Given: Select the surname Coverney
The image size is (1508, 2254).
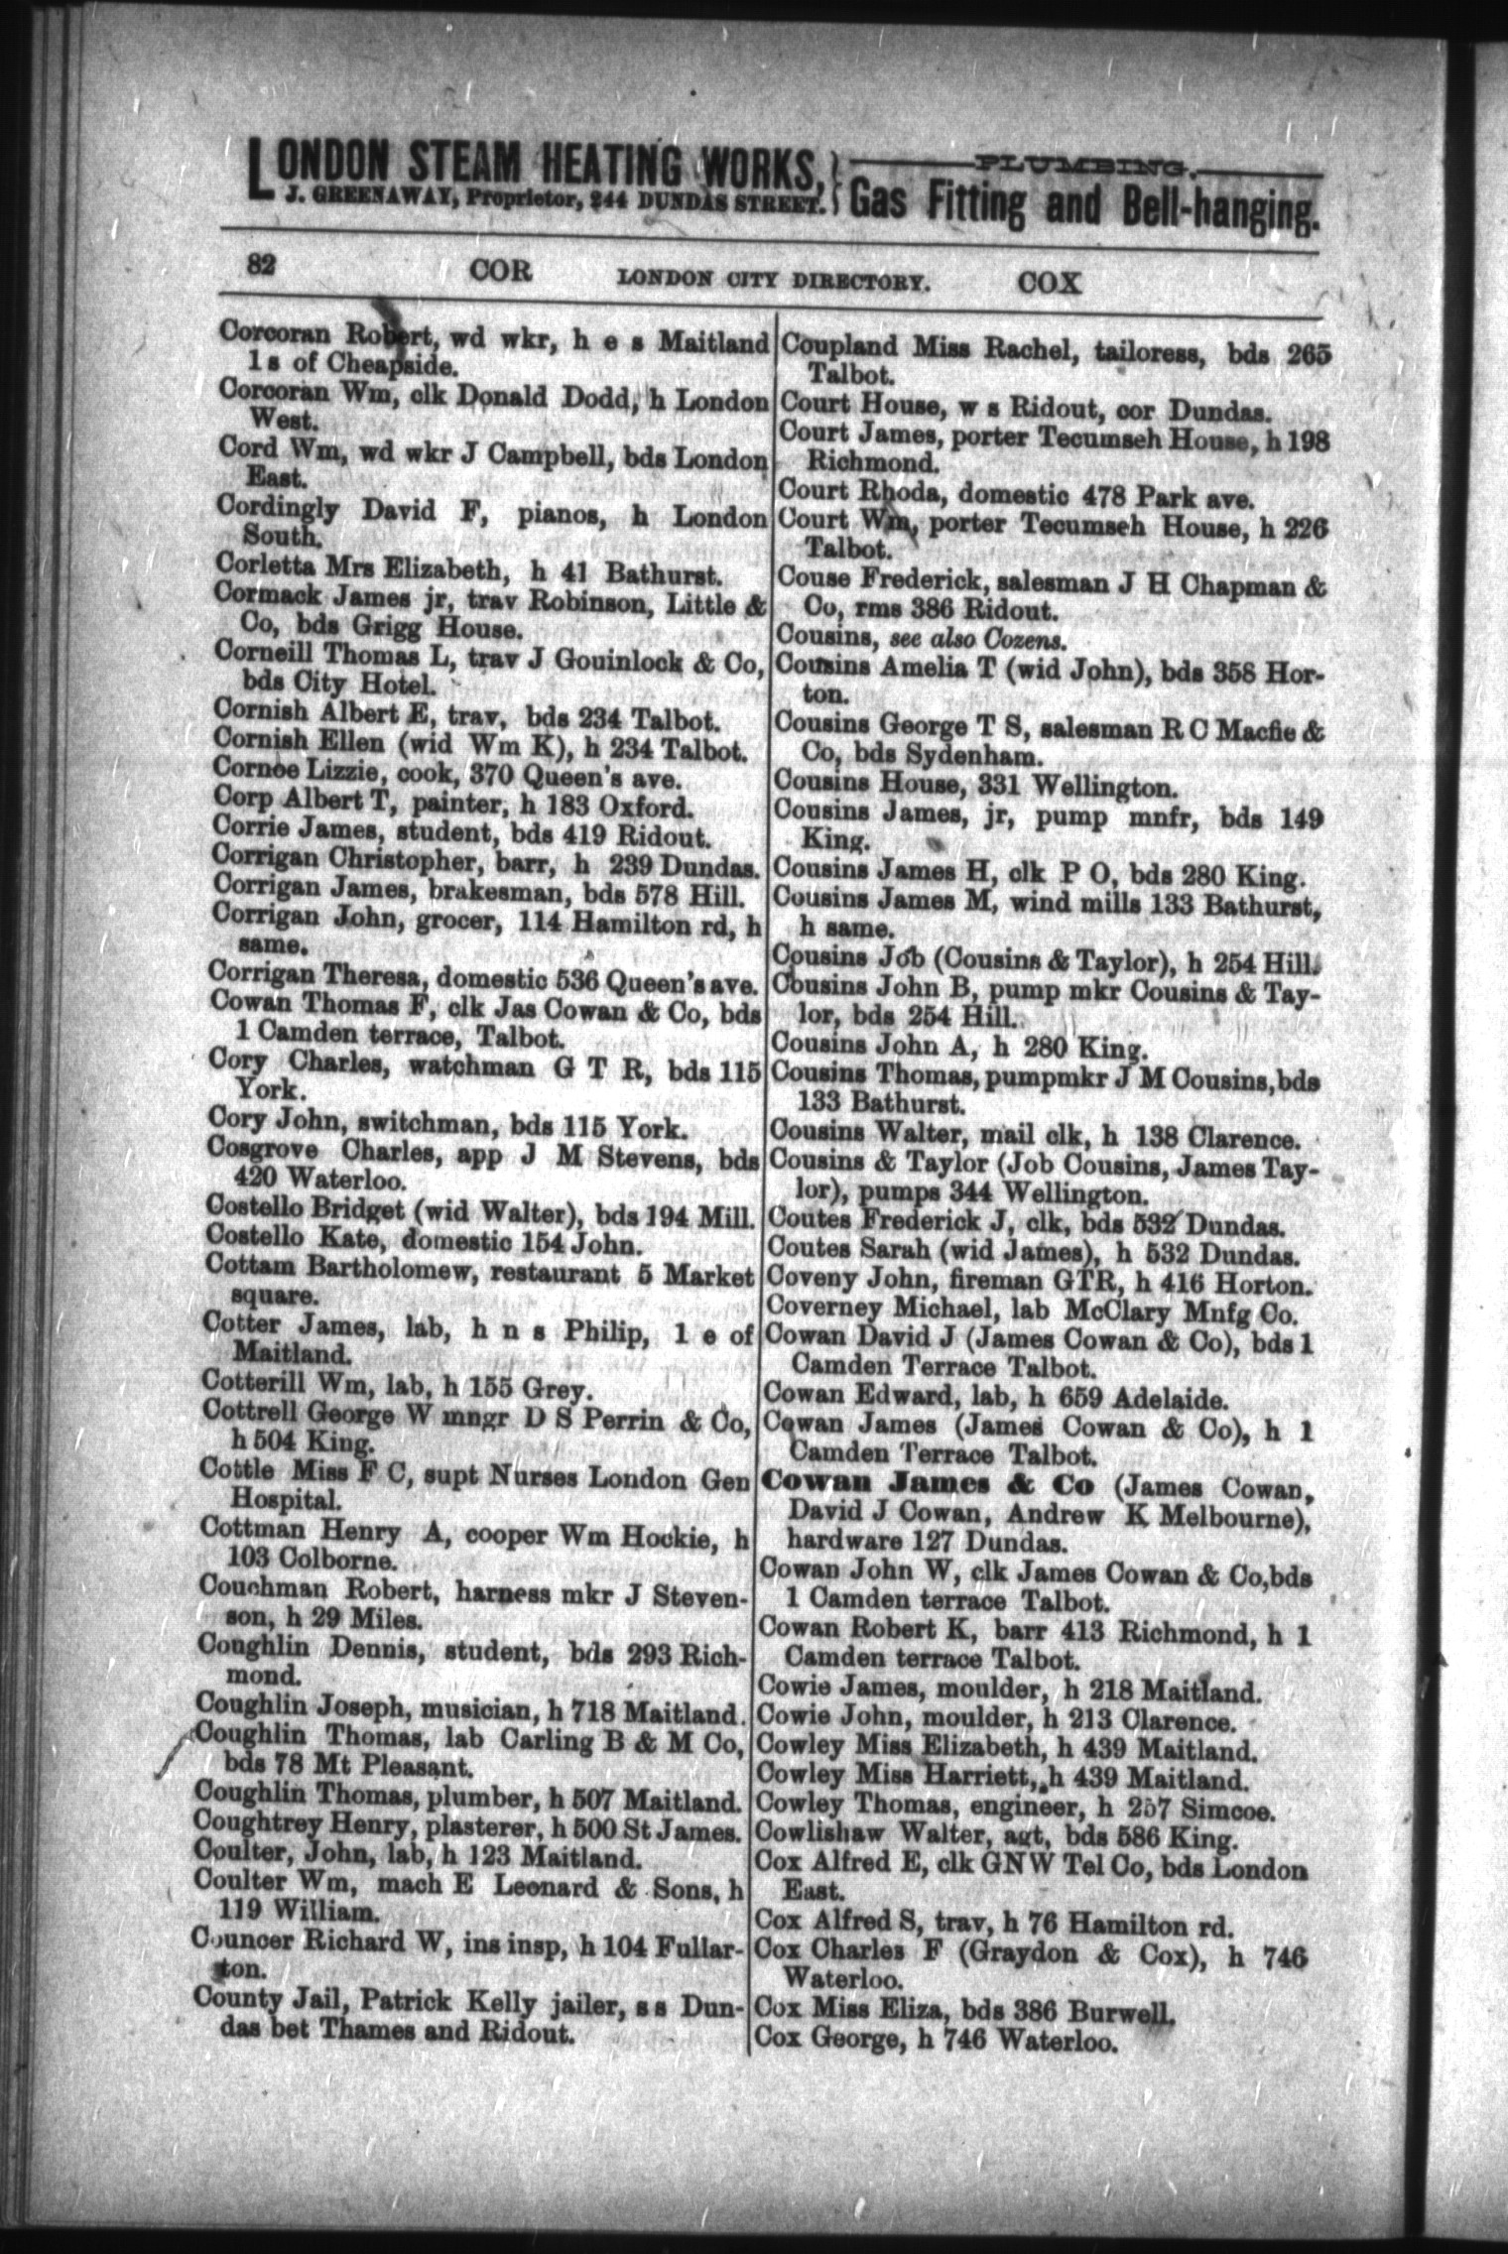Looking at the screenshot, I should click(817, 1315).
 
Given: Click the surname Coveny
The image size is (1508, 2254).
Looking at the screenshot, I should click(808, 1284).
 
